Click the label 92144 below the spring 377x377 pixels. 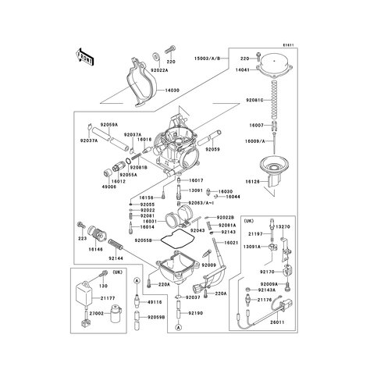point(117,257)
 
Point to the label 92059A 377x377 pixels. point(108,125)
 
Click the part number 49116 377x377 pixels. point(155,302)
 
